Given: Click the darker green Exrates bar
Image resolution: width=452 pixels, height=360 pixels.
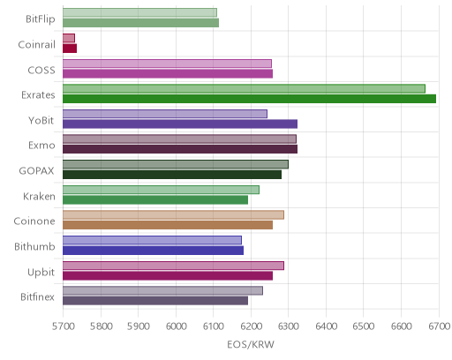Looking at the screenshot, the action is click(x=249, y=99).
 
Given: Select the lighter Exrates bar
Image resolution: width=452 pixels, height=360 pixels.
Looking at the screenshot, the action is click(x=244, y=88).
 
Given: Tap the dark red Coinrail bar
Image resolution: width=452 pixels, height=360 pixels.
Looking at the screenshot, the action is click(x=70, y=49).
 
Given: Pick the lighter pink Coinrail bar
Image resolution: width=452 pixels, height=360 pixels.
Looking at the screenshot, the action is click(x=69, y=38).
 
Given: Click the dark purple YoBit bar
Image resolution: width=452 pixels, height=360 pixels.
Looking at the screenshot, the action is click(x=180, y=124).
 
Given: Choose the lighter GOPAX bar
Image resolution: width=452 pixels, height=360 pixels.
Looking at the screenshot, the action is click(x=176, y=164).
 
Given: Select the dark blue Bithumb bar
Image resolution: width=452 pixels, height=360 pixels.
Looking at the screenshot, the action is click(x=153, y=251).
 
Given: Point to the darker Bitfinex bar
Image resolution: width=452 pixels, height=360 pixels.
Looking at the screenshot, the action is click(x=155, y=301).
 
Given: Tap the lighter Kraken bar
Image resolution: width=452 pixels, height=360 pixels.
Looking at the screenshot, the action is click(x=161, y=190).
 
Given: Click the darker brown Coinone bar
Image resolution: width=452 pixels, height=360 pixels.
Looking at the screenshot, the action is click(x=168, y=225).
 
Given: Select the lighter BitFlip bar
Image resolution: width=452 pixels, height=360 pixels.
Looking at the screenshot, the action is click(x=139, y=12).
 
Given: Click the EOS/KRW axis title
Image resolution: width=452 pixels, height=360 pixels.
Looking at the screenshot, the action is click(x=251, y=344).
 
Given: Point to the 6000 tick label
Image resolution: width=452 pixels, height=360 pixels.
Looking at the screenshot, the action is click(x=176, y=326).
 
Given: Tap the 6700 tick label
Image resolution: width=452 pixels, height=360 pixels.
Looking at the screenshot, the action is click(x=439, y=326).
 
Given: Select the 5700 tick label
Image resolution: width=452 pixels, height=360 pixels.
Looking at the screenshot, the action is click(x=63, y=326).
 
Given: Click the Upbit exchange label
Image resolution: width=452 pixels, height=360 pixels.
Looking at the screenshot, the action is click(x=41, y=273).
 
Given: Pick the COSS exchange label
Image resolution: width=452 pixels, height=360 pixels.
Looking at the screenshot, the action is click(x=41, y=71).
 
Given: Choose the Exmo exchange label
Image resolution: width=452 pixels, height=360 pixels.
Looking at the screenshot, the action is click(x=41, y=146).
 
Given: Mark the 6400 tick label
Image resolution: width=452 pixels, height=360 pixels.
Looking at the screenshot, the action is click(x=326, y=326).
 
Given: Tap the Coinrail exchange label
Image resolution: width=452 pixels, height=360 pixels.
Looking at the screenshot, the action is click(x=37, y=45).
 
